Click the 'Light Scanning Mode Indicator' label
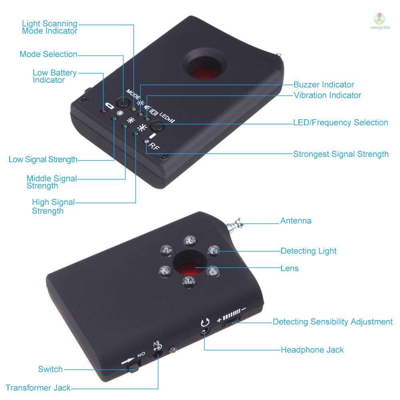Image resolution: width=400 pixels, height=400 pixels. click(50, 27)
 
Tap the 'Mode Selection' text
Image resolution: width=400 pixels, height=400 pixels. click(48, 54)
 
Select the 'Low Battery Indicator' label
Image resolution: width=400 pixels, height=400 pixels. click(54, 76)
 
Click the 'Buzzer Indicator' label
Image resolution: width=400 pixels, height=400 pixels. click(324, 84)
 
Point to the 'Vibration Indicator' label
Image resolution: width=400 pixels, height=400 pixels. click(327, 95)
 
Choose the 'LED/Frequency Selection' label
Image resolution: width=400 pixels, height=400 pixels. click(340, 122)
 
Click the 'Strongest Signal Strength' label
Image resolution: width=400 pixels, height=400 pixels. click(341, 154)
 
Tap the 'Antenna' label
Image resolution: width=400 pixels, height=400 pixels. click(296, 221)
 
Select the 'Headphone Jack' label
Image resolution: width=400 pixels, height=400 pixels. click(312, 350)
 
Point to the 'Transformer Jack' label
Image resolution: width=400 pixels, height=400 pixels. click(38, 388)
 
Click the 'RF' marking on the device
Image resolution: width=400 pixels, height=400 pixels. click(154, 147)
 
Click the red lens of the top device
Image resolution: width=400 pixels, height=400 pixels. click(204, 72)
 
